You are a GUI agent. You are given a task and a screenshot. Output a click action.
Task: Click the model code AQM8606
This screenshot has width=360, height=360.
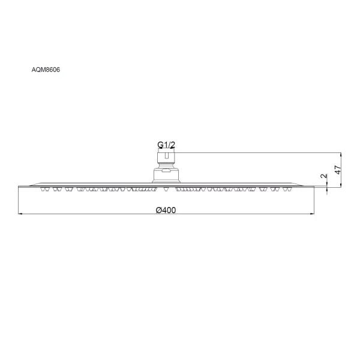pos(46,70)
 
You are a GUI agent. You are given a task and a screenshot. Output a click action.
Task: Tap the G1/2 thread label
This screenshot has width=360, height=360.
pos(166,145)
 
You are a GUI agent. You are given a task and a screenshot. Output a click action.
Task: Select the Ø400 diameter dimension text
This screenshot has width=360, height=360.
pos(166,210)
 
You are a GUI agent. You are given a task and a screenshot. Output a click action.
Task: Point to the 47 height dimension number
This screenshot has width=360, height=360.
pos(338,169)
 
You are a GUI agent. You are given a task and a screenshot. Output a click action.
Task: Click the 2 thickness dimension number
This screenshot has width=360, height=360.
pos(324,176)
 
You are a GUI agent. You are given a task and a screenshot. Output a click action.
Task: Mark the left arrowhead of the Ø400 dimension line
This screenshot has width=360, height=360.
pos(20,214)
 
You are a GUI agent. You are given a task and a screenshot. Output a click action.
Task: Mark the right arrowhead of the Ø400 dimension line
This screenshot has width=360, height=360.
pos(312,214)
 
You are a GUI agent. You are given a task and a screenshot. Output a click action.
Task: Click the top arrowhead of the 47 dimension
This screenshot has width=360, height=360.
pos(341,155)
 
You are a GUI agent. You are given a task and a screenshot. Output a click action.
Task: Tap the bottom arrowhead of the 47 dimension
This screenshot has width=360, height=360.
pos(341,184)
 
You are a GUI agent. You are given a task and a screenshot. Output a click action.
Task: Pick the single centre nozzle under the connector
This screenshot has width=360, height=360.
pos(166,190)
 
